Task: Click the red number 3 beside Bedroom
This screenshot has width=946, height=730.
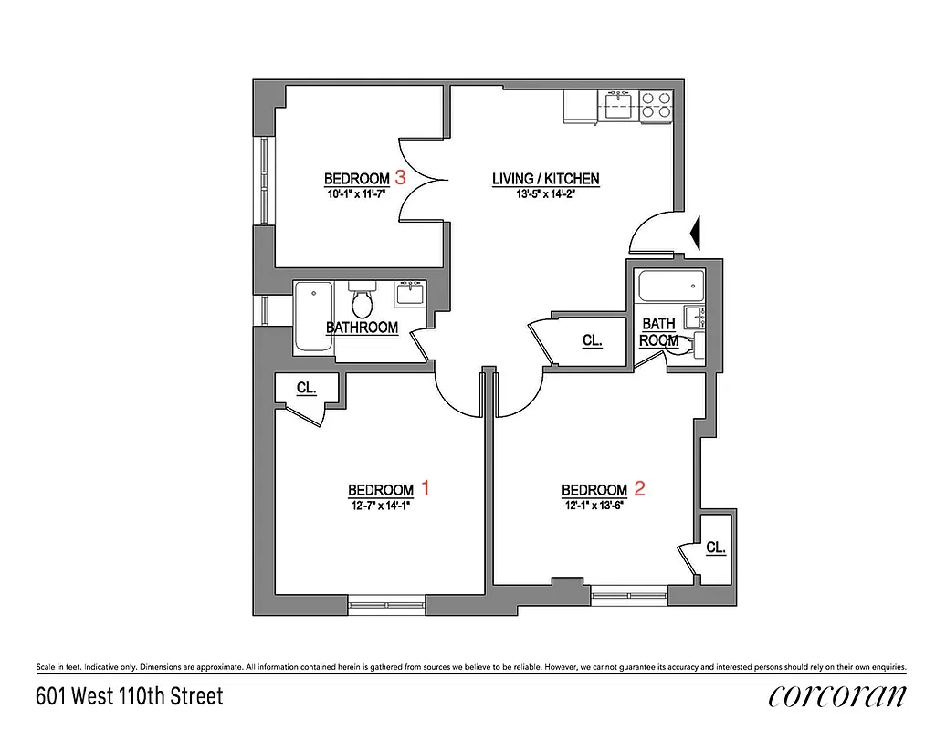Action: tap(400, 177)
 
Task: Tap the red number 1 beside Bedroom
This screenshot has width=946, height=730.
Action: tap(423, 488)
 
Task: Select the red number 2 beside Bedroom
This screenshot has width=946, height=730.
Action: tap(639, 488)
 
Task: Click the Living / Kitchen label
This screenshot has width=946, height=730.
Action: tap(546, 179)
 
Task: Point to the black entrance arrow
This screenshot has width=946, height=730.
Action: tap(696, 233)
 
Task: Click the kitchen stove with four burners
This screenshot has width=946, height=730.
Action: tap(657, 106)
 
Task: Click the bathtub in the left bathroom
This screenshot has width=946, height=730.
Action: tap(313, 317)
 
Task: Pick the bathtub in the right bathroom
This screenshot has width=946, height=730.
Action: tap(671, 288)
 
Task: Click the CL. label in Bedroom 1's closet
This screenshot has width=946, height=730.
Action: tap(306, 388)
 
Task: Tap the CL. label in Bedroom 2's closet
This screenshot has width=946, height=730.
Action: tap(716, 547)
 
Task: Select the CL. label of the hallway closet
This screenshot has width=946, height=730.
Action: tap(593, 340)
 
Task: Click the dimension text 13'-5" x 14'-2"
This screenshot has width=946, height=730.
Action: tap(546, 193)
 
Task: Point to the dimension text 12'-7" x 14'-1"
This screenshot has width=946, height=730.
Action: tap(380, 505)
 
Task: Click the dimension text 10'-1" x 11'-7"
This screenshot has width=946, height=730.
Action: tap(357, 193)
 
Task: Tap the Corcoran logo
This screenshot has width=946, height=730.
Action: tap(837, 696)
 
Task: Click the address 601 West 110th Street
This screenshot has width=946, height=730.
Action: tap(129, 697)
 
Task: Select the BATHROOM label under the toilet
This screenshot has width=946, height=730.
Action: tap(363, 328)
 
